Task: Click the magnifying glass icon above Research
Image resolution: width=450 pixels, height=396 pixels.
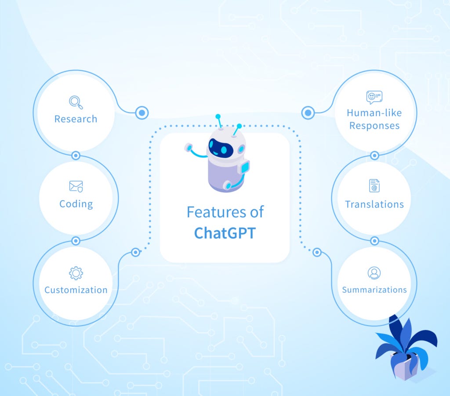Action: [76, 102]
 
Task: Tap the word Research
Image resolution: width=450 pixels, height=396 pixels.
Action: [76, 119]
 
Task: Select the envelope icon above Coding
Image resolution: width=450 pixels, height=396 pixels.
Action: [76, 187]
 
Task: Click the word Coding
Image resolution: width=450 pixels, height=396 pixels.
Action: [76, 204]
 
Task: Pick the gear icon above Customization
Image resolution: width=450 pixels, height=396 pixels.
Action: [76, 273]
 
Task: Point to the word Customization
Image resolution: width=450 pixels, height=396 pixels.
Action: [76, 290]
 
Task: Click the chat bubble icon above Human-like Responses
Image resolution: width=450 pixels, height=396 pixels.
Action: [374, 97]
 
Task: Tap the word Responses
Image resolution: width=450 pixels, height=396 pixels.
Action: [374, 125]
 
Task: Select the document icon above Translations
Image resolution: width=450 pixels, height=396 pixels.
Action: [374, 186]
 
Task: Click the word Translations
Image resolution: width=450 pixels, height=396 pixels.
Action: [374, 204]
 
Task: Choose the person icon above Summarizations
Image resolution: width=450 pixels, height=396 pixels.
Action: [374, 273]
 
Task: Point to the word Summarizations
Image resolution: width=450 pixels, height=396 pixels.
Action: [374, 290]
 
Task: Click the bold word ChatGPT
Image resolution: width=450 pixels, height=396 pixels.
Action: [225, 233]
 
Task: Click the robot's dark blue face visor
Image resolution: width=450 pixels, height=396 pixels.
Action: [221, 148]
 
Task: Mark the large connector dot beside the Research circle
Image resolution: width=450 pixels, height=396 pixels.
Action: [142, 113]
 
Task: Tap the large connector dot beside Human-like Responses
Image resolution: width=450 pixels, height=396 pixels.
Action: [308, 113]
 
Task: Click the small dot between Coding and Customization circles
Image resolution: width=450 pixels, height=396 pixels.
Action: [76, 241]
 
